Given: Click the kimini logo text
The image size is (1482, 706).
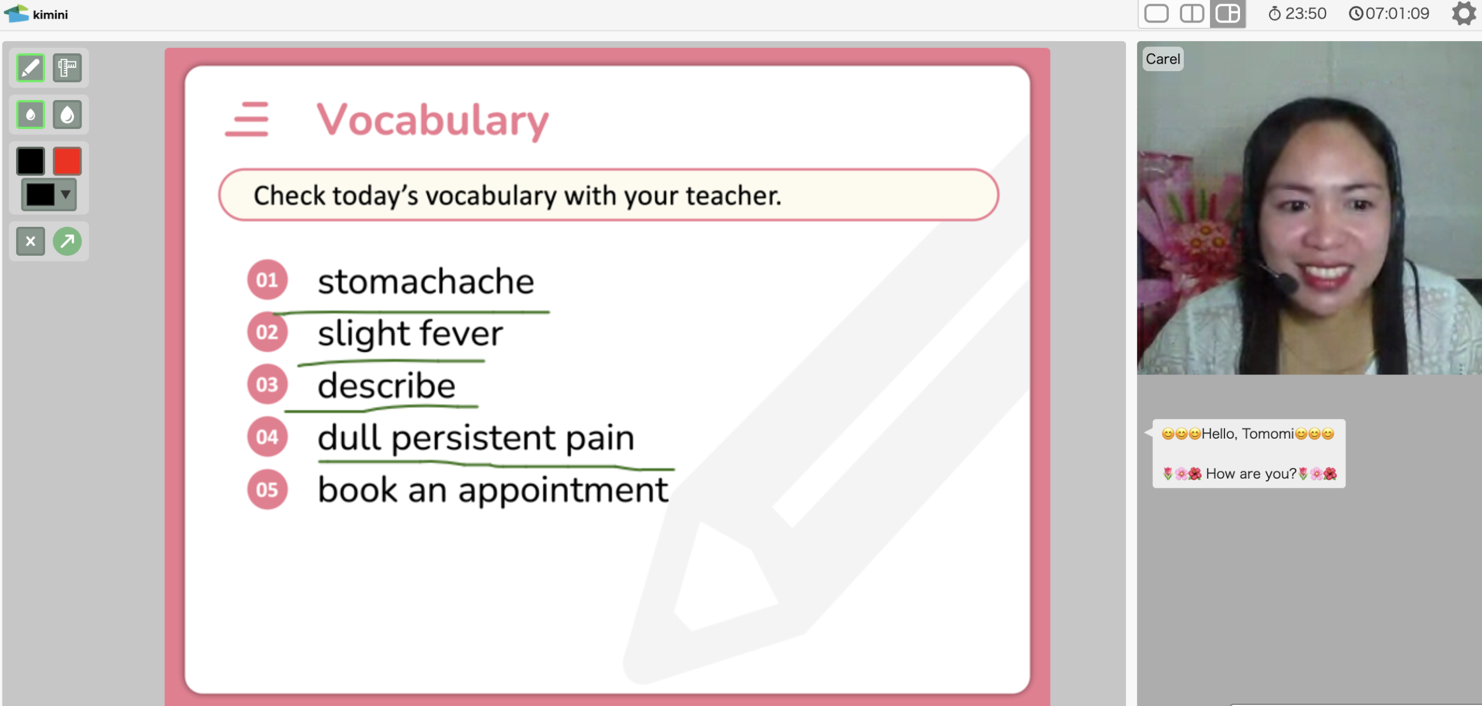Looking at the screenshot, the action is pyautogui.click(x=50, y=14).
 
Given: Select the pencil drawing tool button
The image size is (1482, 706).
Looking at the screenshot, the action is pyautogui.click(x=31, y=68).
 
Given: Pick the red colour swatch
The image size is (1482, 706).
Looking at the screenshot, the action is pyautogui.click(x=67, y=161).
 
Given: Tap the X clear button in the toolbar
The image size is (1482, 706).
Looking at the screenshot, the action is pyautogui.click(x=31, y=241).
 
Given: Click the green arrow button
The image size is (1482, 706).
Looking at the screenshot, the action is pyautogui.click(x=67, y=241).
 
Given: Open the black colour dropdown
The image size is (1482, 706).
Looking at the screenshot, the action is pyautogui.click(x=49, y=194).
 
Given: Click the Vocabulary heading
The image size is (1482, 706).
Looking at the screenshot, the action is pyautogui.click(x=432, y=120).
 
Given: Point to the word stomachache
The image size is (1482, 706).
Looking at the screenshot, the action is pyautogui.click(x=426, y=282).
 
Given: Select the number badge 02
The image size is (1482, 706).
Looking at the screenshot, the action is pyautogui.click(x=267, y=332).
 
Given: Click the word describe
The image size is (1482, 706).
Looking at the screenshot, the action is pyautogui.click(x=387, y=385).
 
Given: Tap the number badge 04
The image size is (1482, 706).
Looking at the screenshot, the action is pyautogui.click(x=267, y=437).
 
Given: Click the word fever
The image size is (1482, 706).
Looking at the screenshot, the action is pyautogui.click(x=461, y=333).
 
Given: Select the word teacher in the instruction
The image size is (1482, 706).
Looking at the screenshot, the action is pyautogui.click(x=733, y=196).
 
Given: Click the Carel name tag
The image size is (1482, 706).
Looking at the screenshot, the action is pyautogui.click(x=1163, y=59).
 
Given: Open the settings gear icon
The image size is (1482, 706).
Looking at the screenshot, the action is pyautogui.click(x=1463, y=13).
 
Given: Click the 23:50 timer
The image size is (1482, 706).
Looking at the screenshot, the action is pyautogui.click(x=1297, y=13).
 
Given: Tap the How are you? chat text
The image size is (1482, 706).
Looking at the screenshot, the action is pyautogui.click(x=1250, y=474).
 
